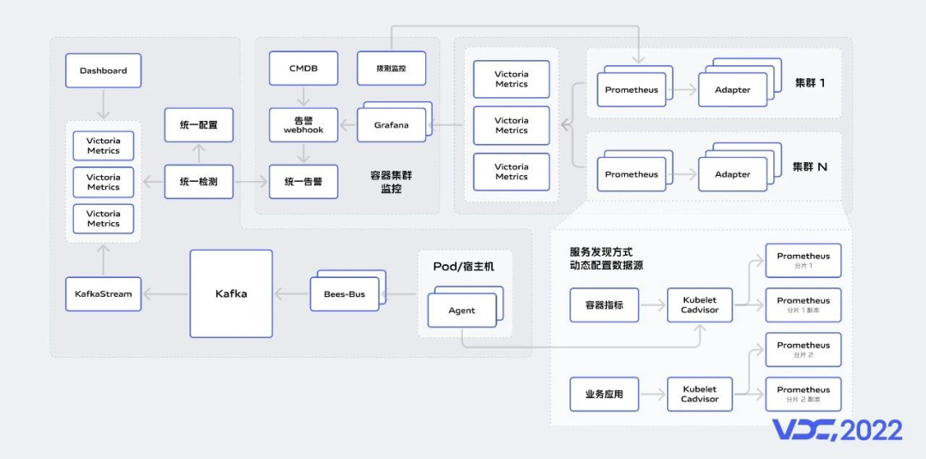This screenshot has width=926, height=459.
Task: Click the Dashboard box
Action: pyautogui.click(x=103, y=70)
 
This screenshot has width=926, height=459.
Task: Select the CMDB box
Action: pyautogui.click(x=304, y=69)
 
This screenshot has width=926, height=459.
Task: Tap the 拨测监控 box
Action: pyautogui.click(x=391, y=69)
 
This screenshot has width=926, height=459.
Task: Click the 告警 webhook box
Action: pyautogui.click(x=304, y=125)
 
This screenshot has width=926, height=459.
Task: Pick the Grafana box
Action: pyautogui.click(x=391, y=125)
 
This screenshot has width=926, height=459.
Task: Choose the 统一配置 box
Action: pyautogui.click(x=198, y=125)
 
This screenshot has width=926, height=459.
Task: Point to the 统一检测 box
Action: pyautogui.click(x=198, y=181)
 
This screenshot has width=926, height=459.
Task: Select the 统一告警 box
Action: pyautogui.click(x=304, y=181)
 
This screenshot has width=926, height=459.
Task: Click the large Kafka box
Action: pyautogui.click(x=231, y=293)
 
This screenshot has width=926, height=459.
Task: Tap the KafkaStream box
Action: pyautogui.click(x=103, y=293)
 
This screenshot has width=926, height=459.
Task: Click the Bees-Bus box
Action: pyautogui.click(x=344, y=294)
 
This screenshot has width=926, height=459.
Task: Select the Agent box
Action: pyautogui.click(x=461, y=311)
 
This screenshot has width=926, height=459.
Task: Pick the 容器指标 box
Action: pyautogui.click(x=604, y=305)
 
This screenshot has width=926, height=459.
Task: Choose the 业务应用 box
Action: pyautogui.click(x=604, y=395)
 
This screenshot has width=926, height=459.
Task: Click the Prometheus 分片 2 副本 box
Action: pyautogui.click(x=803, y=394)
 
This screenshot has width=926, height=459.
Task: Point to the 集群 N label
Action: pyautogui.click(x=809, y=166)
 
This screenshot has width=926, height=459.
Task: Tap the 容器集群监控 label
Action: pyautogui.click(x=391, y=181)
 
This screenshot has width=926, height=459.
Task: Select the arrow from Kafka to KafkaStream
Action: pyautogui.click(x=165, y=294)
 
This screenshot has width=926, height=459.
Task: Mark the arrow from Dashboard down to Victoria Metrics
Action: pyautogui.click(x=103, y=104)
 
